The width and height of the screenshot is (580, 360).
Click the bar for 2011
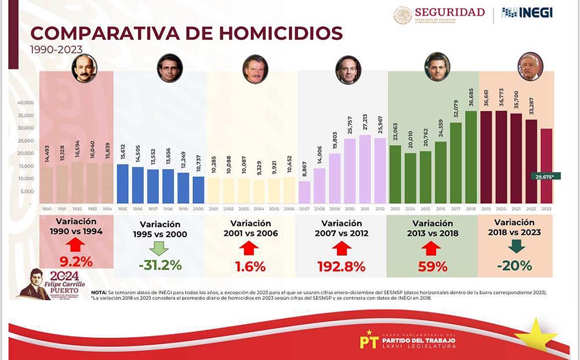365,169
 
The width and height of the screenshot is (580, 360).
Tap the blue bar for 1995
122,184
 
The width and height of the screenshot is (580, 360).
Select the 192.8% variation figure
341,267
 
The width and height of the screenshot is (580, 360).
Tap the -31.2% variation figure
159,266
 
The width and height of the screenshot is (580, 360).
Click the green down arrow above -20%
516,246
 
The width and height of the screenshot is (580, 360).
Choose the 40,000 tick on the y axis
25,102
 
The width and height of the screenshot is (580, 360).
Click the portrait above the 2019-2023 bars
530,67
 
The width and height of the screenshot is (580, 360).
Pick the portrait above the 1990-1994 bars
84,68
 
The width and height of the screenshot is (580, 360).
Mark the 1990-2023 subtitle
56,50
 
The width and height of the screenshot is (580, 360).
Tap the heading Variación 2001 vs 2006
251,228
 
